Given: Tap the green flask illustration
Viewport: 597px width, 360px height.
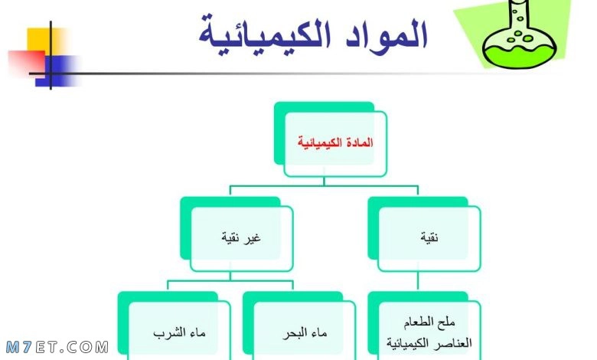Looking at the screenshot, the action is pos(520,38).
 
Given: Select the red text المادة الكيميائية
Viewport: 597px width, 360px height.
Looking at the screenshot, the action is pos(335,142).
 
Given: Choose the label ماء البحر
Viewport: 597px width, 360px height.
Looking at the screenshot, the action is pos(305,333).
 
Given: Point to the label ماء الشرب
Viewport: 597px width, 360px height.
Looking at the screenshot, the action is pos(179,333).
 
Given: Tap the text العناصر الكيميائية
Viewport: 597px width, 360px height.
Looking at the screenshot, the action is pos(429,343).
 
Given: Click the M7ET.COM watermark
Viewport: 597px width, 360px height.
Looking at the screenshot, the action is pos(57,347).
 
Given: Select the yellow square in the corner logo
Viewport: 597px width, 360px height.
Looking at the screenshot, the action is pos(46,40).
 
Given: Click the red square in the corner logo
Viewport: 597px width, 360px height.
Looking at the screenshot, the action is pos(26,62).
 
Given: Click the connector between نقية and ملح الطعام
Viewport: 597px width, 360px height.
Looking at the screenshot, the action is pos(418,282).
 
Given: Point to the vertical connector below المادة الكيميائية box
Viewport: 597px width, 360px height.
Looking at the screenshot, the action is pos(324,182).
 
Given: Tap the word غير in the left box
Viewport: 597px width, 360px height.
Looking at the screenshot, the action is pos(252,238).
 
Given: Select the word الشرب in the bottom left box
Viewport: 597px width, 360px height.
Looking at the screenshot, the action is pos(169,333).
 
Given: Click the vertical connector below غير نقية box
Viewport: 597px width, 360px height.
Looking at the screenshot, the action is pos(230,277).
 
